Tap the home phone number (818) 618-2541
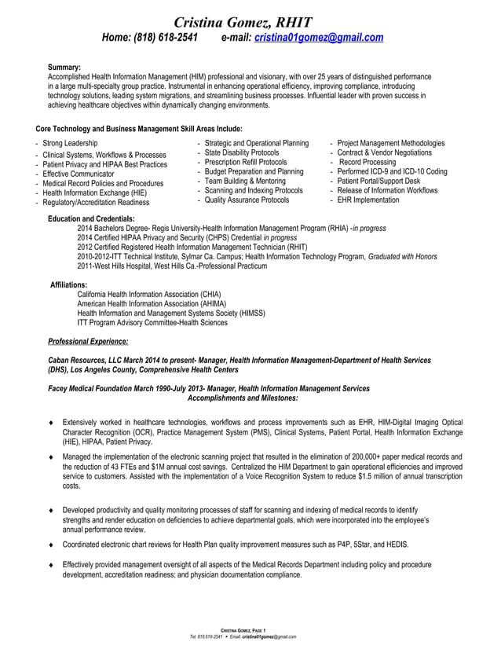coord(170,38)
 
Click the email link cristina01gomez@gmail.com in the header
coord(319,38)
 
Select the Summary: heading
coord(64,68)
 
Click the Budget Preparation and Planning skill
coord(254,171)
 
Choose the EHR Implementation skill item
coord(368,200)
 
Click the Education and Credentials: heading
coord(91,218)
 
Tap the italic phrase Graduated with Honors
coord(403,257)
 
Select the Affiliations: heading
coord(69,284)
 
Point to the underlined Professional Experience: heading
coord(88,341)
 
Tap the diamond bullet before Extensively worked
coord(51,423)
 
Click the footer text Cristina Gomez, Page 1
coord(243,630)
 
